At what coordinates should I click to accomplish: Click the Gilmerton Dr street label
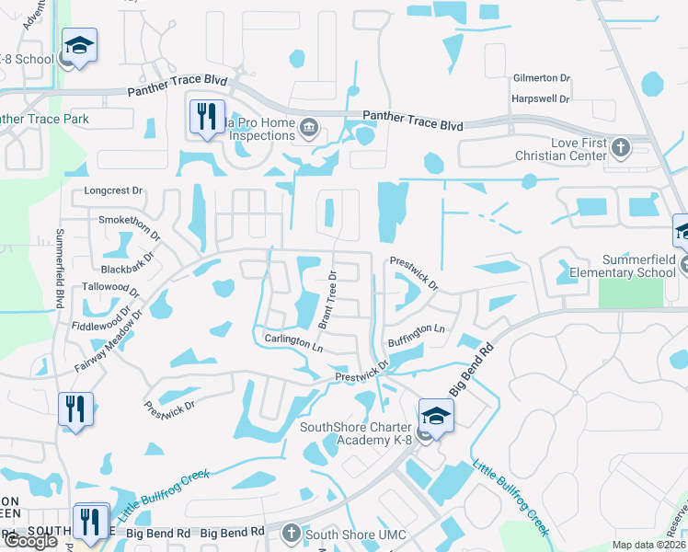(x=541, y=80)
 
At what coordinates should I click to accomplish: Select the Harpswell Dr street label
(x=540, y=98)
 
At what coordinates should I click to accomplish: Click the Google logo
(x=30, y=542)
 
